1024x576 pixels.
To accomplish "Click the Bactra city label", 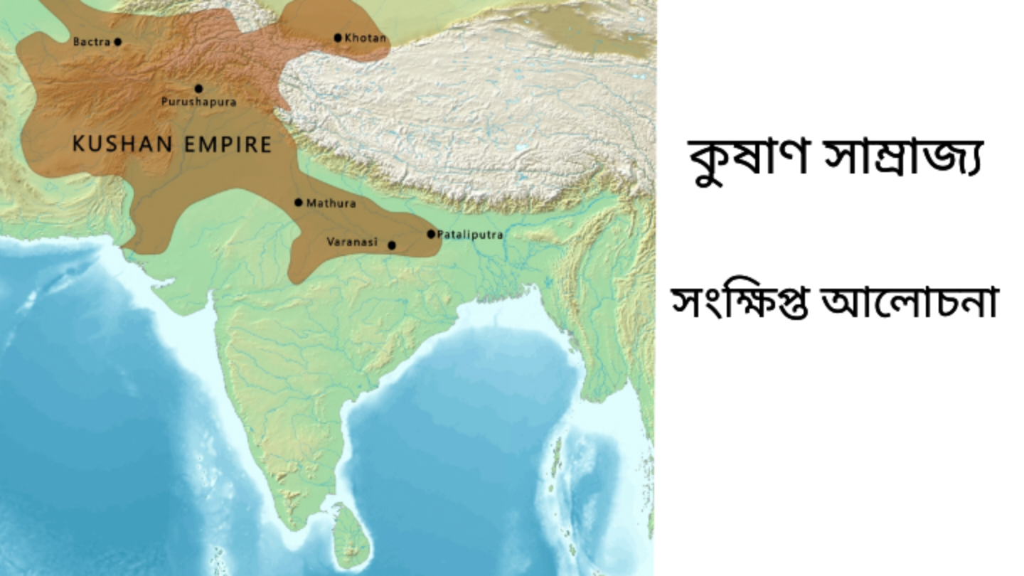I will (92, 42).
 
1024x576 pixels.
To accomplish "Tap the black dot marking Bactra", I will (118, 42).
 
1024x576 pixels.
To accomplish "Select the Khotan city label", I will (366, 38).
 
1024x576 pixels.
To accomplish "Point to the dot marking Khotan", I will (338, 38).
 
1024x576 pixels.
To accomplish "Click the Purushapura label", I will (198, 102).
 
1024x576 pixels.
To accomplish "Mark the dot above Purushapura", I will (198, 88).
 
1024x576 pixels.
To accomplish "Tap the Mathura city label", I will (331, 203).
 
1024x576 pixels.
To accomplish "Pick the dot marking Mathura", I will (299, 203).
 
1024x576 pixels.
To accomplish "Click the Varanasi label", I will (351, 242).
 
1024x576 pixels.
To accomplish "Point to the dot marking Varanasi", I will (392, 245).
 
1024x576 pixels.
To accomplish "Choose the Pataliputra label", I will (470, 234).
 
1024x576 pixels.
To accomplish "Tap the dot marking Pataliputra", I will (431, 233).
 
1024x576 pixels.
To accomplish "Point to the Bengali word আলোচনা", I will (910, 302).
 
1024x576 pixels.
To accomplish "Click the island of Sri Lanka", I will (349, 533).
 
